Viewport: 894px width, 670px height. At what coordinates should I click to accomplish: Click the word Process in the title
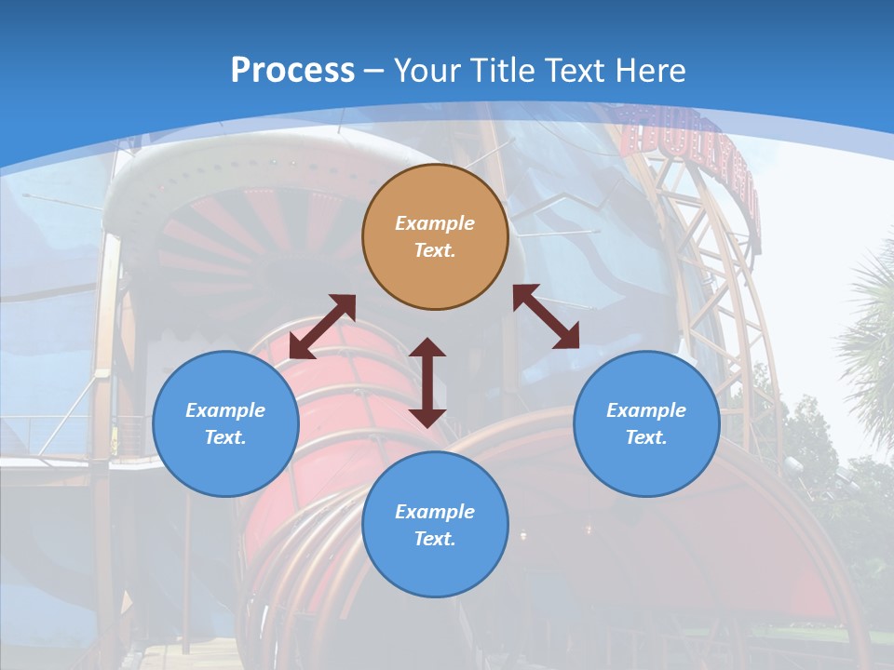[x=292, y=70]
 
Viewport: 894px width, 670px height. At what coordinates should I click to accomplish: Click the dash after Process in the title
[x=374, y=71]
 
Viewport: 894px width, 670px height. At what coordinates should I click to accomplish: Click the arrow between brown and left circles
[x=322, y=327]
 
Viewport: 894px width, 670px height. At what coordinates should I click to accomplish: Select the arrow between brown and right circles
[x=547, y=316]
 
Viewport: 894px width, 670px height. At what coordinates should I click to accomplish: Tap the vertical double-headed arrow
[x=427, y=382]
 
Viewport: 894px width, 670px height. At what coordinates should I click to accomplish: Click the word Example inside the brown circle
[x=435, y=223]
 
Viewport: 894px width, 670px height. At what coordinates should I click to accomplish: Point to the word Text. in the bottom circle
[x=435, y=539]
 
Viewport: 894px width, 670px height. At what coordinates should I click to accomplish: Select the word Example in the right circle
[x=646, y=410]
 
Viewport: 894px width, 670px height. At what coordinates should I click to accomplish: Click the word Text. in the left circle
[x=225, y=437]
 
